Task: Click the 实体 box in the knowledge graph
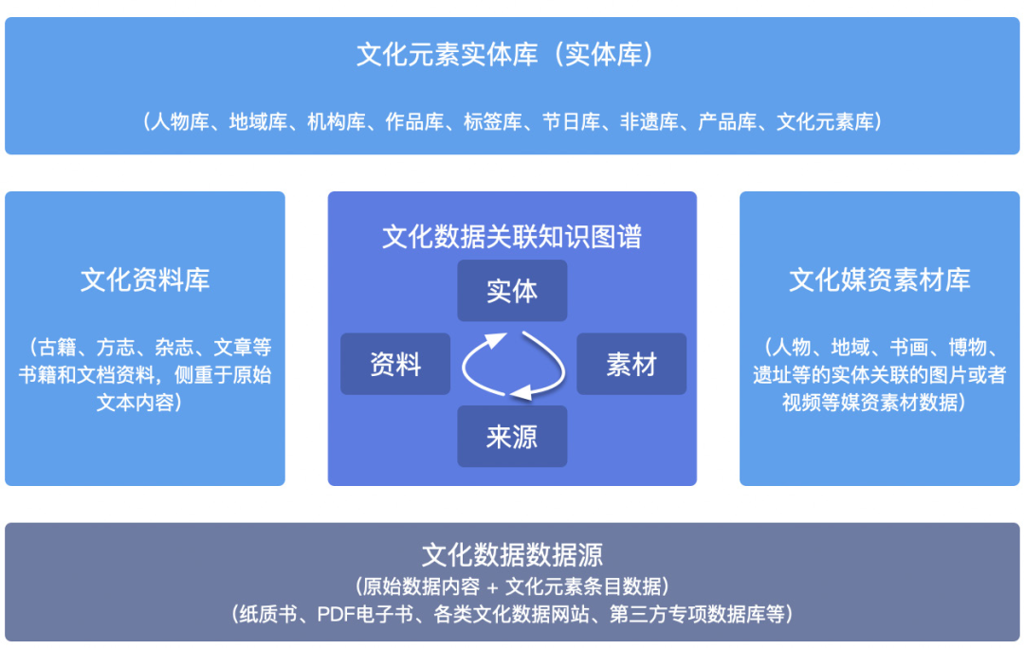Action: click(x=512, y=291)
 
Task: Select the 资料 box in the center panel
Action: click(x=395, y=364)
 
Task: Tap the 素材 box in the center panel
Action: click(x=631, y=364)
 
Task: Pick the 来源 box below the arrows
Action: click(x=512, y=436)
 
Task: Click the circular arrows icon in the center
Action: click(x=513, y=365)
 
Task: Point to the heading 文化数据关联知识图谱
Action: click(x=512, y=236)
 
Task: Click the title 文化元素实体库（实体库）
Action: click(x=505, y=54)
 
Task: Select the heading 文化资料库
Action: click(x=145, y=280)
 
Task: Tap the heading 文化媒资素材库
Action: click(x=880, y=280)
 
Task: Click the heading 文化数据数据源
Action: click(x=512, y=554)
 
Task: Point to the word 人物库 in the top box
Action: click(x=179, y=122)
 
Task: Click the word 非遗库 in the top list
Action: click(x=649, y=122)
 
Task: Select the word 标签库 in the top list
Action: click(x=493, y=122)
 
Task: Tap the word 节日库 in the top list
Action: click(x=572, y=122)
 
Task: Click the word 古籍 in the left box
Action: click(x=58, y=347)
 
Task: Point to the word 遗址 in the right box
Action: click(x=772, y=374)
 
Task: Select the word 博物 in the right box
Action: click(x=967, y=347)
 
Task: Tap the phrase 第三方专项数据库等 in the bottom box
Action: click(x=697, y=614)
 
